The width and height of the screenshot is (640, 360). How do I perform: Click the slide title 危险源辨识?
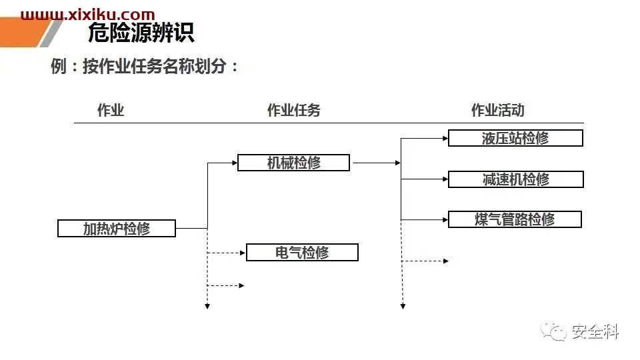pyautogui.click(x=141, y=33)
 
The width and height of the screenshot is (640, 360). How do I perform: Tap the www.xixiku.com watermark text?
pyautogui.click(x=88, y=15)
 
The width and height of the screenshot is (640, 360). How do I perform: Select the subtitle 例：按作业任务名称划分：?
pyautogui.click(x=145, y=66)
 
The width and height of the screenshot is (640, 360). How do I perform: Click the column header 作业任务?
pyautogui.click(x=293, y=110)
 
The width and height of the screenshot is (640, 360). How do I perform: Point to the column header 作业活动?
pyautogui.click(x=497, y=110)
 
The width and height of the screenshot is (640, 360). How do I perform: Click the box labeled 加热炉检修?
pyautogui.click(x=117, y=228)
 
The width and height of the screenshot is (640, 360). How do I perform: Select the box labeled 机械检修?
pyautogui.click(x=293, y=163)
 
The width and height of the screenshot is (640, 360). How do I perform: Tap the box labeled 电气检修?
pyautogui.click(x=302, y=252)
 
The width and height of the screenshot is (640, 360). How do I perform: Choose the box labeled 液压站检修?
pyautogui.click(x=515, y=138)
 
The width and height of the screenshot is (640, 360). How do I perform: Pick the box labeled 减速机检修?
pyautogui.click(x=516, y=179)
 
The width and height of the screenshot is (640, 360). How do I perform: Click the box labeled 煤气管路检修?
pyautogui.click(x=515, y=219)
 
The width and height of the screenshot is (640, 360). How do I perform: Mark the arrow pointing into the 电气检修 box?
pyautogui.click(x=226, y=253)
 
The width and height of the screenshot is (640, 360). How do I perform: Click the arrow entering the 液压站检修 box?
pyautogui.click(x=425, y=139)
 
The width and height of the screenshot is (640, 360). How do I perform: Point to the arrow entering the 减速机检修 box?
pyautogui.click(x=425, y=179)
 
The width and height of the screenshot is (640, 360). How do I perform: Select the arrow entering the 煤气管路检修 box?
pyautogui.click(x=425, y=219)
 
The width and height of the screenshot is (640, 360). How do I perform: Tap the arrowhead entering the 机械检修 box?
pyautogui.click(x=235, y=163)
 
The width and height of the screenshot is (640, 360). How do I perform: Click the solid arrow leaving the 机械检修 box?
pyautogui.click(x=376, y=163)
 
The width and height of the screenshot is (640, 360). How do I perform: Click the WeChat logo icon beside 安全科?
pyautogui.click(x=553, y=331)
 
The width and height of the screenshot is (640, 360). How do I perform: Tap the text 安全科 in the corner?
pyautogui.click(x=595, y=331)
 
